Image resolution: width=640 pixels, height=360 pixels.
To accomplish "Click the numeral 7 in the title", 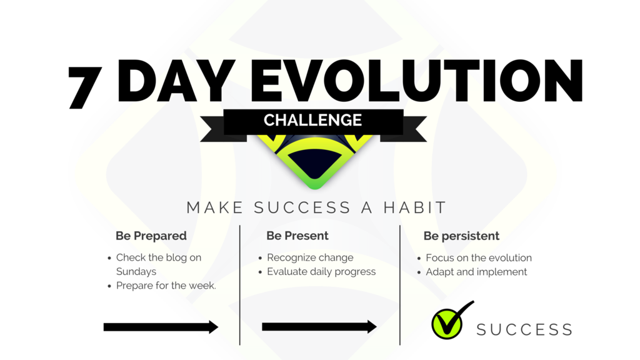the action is pyautogui.click(x=84, y=86).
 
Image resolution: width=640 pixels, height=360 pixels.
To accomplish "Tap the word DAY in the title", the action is pyautogui.click(x=176, y=81).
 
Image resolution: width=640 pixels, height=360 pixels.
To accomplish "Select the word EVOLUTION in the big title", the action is pyautogui.click(x=416, y=81).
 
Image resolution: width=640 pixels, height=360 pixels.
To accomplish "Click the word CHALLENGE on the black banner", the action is pyautogui.click(x=312, y=121).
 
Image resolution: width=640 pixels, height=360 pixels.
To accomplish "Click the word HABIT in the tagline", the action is pyautogui.click(x=415, y=207).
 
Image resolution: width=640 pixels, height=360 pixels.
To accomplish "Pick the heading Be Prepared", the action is pyautogui.click(x=151, y=236).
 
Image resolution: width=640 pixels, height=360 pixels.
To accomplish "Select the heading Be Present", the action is pyautogui.click(x=297, y=236).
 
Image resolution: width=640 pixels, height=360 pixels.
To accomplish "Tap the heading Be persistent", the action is pyautogui.click(x=461, y=236).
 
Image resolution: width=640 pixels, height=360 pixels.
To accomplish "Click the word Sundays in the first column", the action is pyautogui.click(x=136, y=271).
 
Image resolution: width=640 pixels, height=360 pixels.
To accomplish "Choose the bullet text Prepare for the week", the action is pyautogui.click(x=166, y=285).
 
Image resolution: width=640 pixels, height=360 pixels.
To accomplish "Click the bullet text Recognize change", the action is pyautogui.click(x=310, y=257).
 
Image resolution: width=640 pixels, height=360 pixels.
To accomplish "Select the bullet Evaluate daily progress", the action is pyautogui.click(x=321, y=271).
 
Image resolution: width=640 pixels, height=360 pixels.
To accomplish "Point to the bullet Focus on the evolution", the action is pyautogui.click(x=479, y=258).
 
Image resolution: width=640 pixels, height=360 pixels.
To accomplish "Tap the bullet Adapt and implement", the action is pyautogui.click(x=476, y=272).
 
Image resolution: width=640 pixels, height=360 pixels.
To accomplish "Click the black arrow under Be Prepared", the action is pyautogui.click(x=161, y=327).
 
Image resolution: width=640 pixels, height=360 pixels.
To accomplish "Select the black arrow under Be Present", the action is pyautogui.click(x=319, y=326).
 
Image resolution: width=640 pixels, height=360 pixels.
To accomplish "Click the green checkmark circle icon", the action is pyautogui.click(x=447, y=324).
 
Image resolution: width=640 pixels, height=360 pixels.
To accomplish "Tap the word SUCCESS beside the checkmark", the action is pyautogui.click(x=524, y=329).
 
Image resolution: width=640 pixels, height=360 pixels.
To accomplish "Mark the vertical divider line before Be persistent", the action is pyautogui.click(x=400, y=285).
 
